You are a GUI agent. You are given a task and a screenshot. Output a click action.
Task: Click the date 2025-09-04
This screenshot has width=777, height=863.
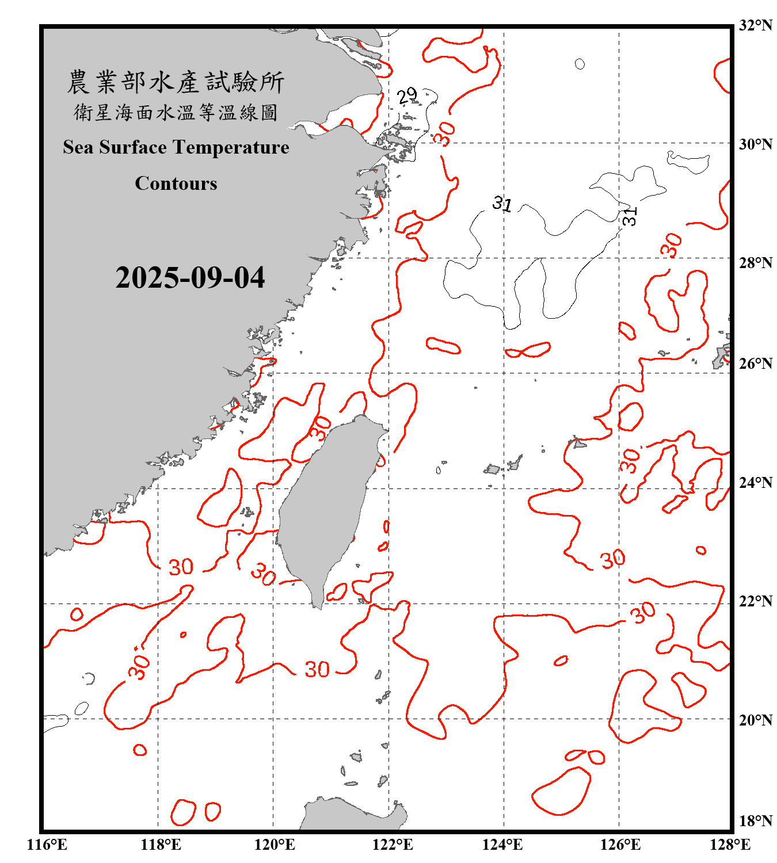(190, 277)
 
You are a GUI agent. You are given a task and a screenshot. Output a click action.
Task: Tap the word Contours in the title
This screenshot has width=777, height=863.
(176, 184)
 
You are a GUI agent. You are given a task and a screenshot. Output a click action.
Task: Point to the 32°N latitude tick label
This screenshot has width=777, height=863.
(755, 25)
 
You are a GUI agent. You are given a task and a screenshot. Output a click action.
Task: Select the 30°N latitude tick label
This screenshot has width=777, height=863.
(755, 144)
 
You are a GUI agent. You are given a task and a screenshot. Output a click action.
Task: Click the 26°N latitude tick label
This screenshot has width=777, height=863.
(755, 364)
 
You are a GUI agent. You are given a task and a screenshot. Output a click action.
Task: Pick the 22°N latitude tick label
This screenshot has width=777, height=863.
(755, 601)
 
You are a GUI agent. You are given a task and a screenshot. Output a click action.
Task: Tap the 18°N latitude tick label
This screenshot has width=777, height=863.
(755, 821)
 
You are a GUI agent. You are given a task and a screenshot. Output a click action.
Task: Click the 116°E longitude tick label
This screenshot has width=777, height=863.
(47, 845)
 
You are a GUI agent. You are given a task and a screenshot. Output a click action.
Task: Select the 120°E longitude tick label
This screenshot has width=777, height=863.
(275, 845)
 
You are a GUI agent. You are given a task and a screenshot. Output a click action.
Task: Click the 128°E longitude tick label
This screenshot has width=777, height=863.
(730, 845)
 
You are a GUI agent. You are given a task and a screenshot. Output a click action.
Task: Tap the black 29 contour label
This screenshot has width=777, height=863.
(407, 96)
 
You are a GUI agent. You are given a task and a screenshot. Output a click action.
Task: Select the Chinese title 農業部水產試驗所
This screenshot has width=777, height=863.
(176, 82)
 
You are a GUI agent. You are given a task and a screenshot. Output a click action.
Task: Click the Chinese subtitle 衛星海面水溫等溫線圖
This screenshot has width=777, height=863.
(176, 112)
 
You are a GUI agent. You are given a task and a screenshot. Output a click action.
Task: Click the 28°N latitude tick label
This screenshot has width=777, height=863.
(755, 263)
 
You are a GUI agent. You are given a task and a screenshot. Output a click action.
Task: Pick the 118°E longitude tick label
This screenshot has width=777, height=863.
(161, 845)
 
